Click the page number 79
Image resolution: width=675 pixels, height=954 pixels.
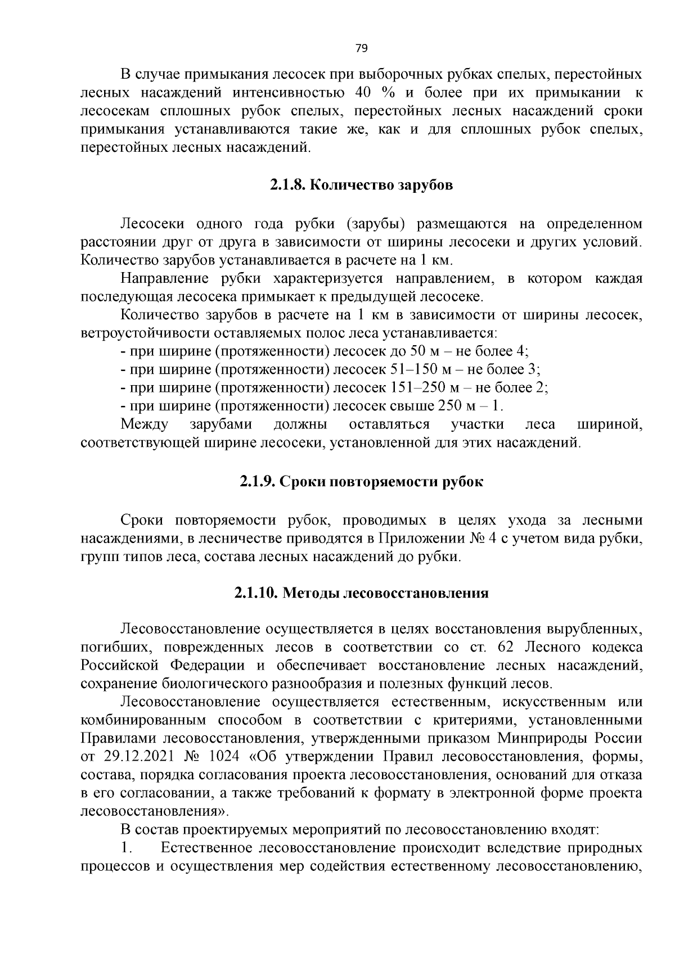(362, 48)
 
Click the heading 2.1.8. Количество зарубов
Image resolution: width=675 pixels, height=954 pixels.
(361, 185)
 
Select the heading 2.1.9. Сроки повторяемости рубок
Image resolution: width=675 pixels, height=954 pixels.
(361, 482)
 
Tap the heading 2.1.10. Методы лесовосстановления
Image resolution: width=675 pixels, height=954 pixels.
(361, 593)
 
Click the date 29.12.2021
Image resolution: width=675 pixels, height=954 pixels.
(139, 756)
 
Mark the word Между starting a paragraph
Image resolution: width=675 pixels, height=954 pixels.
(144, 424)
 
